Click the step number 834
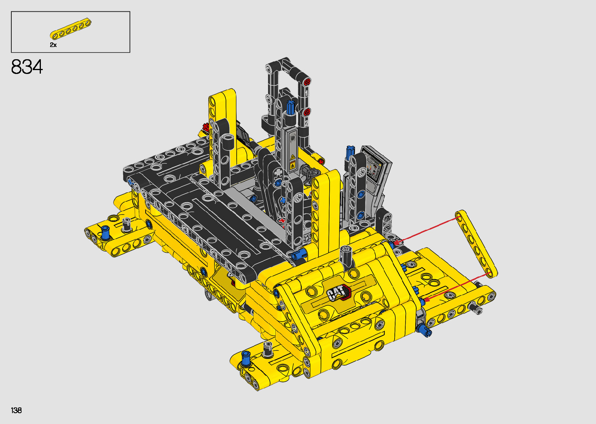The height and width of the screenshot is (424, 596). pos(27,67)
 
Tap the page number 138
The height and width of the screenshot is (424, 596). pos(16,410)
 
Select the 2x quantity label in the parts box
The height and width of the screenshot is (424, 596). pos(53,45)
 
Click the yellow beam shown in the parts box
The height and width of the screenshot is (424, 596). pos(70,29)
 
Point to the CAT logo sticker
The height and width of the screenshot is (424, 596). pos(339,292)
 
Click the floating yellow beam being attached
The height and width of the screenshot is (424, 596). pos(476,244)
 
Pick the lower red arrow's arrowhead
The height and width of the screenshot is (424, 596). pos(426,299)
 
